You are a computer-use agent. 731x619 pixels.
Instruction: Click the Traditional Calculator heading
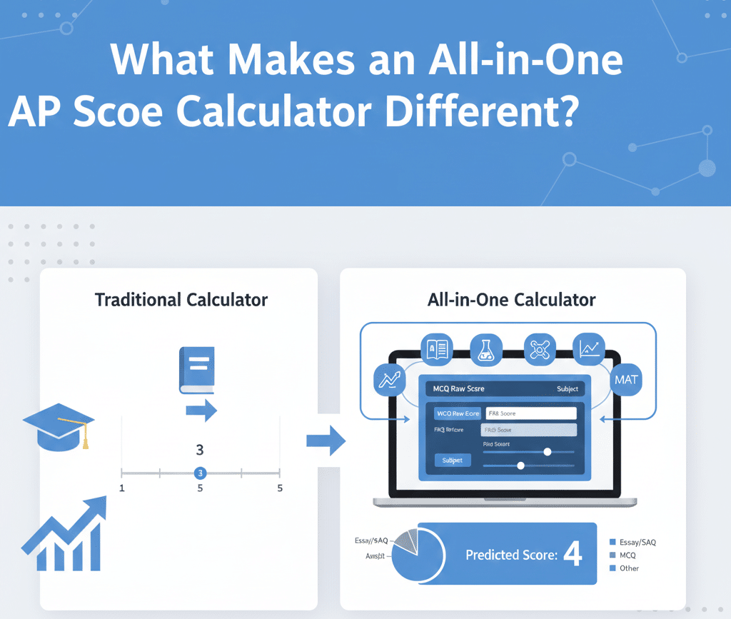coord(181,299)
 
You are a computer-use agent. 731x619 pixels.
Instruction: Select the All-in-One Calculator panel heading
coord(512,299)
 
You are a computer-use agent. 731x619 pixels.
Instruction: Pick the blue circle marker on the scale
coord(201,473)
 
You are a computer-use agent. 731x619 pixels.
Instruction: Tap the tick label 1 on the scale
coord(122,488)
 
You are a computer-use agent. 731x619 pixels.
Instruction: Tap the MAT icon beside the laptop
coord(625,380)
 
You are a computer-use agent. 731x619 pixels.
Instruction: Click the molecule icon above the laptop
coord(540,348)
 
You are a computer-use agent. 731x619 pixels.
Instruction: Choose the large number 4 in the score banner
coord(573,555)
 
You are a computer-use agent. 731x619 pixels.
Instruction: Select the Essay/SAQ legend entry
coord(633,543)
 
